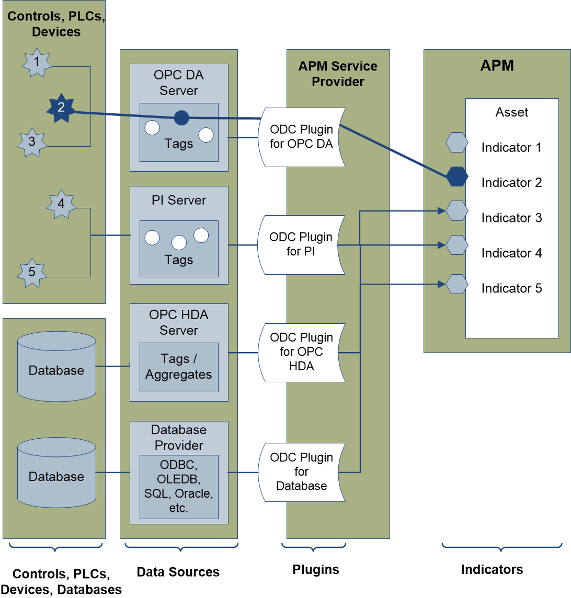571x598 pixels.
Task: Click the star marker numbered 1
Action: click(37, 62)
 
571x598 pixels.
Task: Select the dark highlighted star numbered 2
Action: click(61, 108)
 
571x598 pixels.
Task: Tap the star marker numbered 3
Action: click(32, 142)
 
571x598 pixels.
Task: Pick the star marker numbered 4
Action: click(61, 204)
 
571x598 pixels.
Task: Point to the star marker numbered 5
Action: click(32, 273)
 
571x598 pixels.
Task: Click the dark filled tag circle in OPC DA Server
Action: click(181, 118)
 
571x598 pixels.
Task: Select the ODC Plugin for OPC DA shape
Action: click(302, 137)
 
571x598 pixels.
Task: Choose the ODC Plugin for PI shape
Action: click(302, 244)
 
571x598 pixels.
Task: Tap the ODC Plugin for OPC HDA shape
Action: click(302, 352)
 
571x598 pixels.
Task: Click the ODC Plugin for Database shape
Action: click(302, 472)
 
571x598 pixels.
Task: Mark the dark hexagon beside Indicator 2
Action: click(456, 177)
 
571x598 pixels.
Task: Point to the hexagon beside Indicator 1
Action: click(456, 142)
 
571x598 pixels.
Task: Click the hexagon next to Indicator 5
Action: click(456, 284)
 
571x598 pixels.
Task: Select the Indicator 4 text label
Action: click(511, 253)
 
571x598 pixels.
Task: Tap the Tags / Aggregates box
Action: click(179, 367)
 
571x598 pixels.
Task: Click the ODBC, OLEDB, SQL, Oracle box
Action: click(179, 487)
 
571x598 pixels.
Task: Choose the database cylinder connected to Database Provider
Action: click(56, 473)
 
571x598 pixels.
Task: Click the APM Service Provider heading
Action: click(338, 74)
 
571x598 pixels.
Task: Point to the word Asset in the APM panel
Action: click(512, 112)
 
